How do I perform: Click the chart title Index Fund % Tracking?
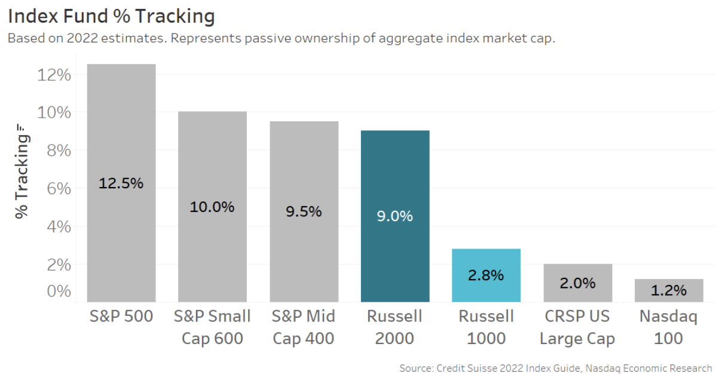(111, 16)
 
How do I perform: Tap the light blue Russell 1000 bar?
(486, 263)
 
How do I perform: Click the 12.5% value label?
(121, 183)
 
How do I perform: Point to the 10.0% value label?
(212, 207)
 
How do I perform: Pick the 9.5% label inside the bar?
(304, 212)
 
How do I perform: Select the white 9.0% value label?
(395, 216)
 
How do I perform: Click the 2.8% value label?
(486, 275)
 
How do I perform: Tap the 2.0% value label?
(577, 283)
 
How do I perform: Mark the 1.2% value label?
(668, 290)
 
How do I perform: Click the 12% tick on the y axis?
(54, 75)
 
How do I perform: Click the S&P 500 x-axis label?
(121, 316)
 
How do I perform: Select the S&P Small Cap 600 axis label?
(212, 327)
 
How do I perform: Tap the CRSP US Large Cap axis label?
(577, 327)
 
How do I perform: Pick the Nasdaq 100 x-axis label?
(668, 327)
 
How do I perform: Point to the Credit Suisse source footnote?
(555, 368)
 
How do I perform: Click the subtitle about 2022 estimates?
(281, 39)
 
